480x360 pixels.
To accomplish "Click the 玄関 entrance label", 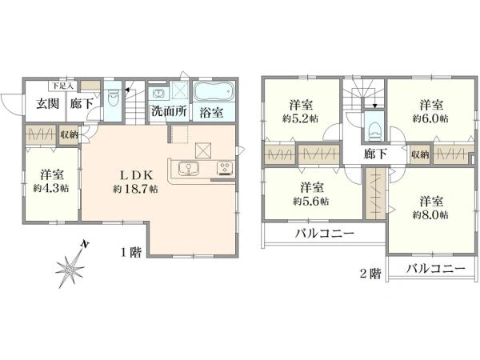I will pos(46,103).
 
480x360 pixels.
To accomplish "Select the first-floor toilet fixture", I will pos(114,101).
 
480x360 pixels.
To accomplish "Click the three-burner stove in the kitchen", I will pos(224,168).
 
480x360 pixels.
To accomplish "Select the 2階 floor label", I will pos(370,273).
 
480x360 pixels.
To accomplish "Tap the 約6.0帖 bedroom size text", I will pos(430,117).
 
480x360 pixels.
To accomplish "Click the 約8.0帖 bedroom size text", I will pos(430,214).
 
